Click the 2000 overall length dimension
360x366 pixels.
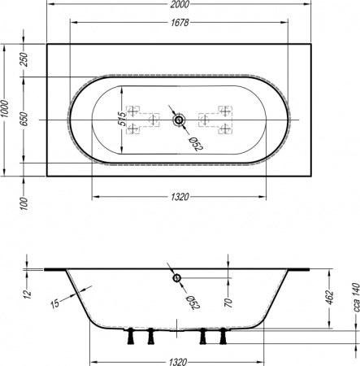[180, 4]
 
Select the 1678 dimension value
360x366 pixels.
[180, 23]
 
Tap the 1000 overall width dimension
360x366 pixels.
[5, 109]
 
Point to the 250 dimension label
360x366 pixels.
[24, 59]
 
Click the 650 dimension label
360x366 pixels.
[24, 119]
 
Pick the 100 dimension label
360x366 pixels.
[24, 203]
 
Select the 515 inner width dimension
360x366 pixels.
[122, 119]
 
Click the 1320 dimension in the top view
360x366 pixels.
[180, 197]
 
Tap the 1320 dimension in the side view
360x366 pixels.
[178, 362]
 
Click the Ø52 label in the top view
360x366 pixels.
[196, 144]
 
